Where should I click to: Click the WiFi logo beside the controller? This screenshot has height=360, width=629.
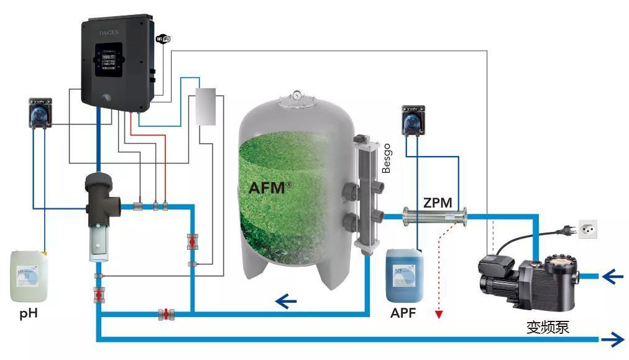162,39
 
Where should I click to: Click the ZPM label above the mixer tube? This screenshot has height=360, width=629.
438,202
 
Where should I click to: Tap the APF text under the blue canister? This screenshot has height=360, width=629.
403,313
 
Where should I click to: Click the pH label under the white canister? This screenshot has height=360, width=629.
29,313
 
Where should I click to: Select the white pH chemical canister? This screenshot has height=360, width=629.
29,275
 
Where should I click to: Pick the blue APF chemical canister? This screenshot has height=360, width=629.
405,274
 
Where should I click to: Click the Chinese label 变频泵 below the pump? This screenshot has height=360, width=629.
548,326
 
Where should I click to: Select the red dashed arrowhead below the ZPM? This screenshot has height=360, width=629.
439,314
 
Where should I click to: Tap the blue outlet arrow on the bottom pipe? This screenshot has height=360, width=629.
613,339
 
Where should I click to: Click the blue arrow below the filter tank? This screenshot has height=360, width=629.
286,302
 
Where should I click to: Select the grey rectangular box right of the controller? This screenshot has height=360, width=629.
204,107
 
